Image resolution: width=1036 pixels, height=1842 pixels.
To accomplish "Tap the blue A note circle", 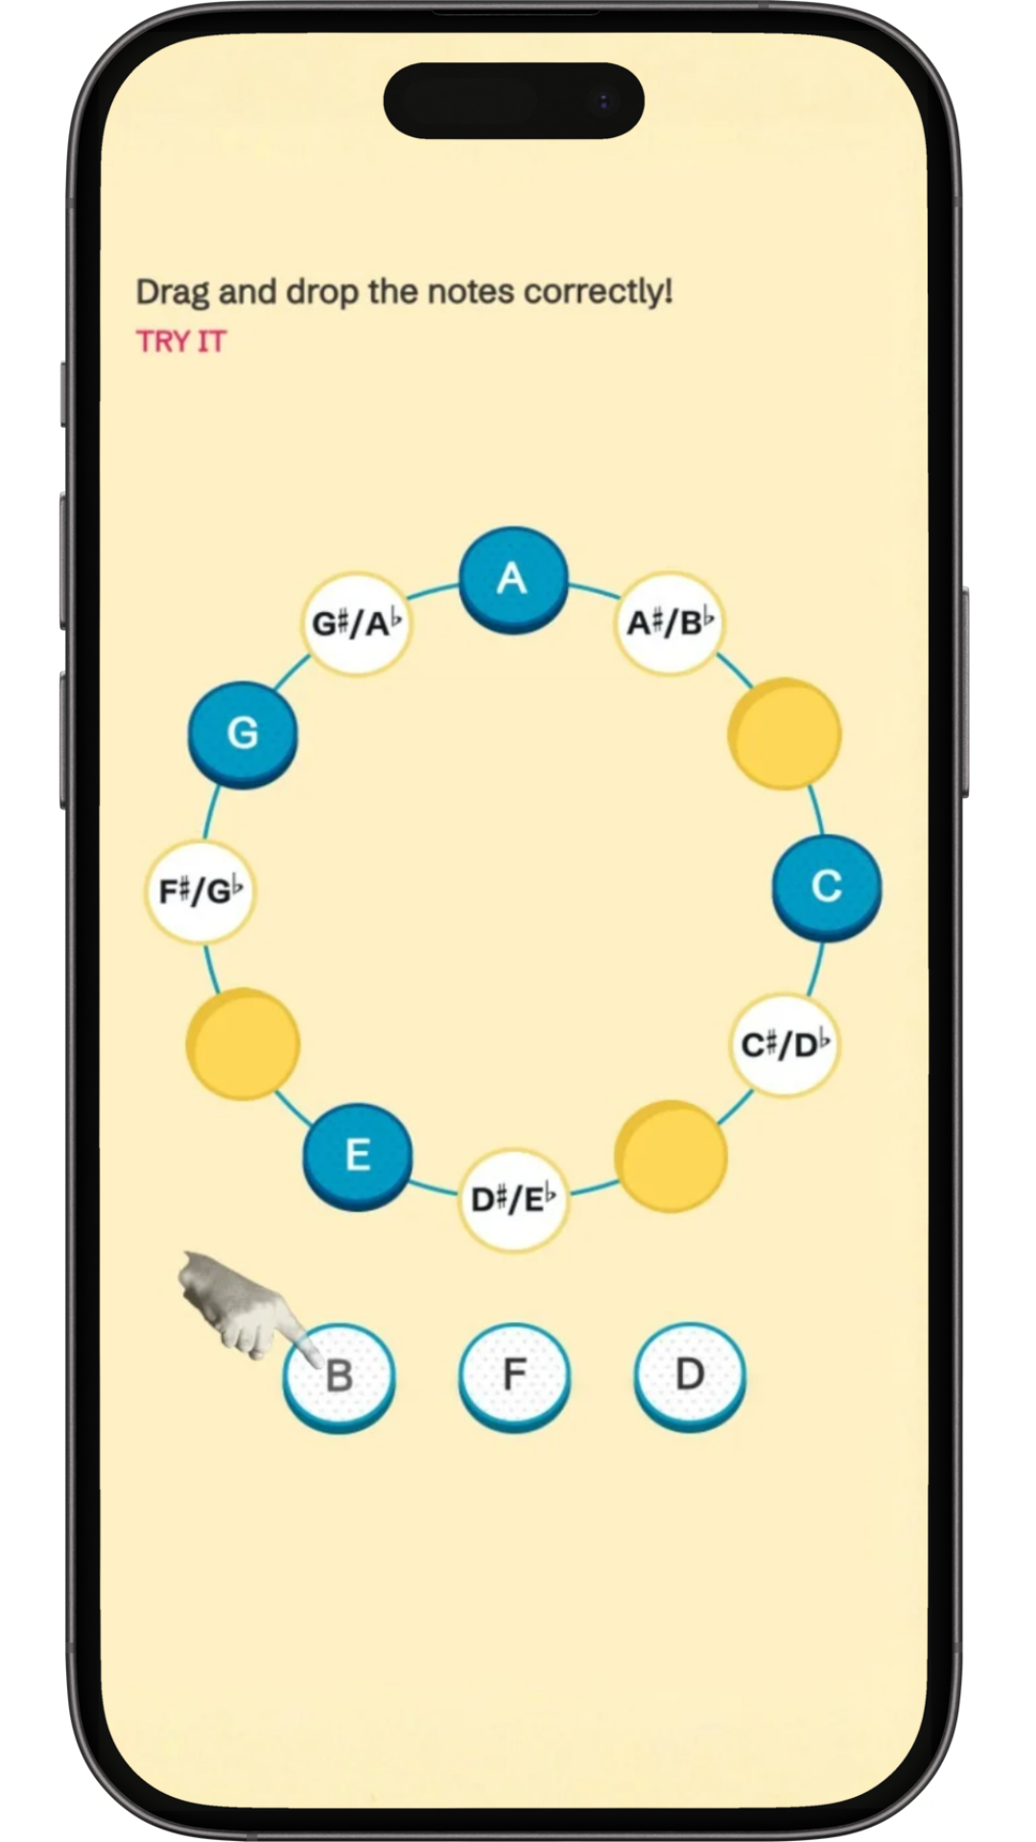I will [513, 579].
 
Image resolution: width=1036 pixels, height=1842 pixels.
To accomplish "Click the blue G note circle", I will [243, 734].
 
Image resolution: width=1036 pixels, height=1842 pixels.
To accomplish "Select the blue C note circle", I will [826, 887].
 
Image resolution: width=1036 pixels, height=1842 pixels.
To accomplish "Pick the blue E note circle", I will [358, 1154].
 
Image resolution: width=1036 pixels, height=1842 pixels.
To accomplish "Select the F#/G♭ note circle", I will [200, 891].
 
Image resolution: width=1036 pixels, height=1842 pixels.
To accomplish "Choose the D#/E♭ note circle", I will [514, 1199].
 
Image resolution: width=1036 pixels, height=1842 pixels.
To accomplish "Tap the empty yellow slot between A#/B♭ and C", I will [785, 734].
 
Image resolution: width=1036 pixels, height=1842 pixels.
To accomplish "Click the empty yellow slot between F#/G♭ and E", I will [243, 1044].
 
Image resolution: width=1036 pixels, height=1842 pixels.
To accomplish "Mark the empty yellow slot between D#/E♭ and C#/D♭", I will [670, 1156].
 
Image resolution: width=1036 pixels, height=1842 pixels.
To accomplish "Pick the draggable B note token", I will [340, 1376].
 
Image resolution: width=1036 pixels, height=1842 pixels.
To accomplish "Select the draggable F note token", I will [514, 1374].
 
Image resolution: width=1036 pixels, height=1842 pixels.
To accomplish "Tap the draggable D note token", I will [690, 1374].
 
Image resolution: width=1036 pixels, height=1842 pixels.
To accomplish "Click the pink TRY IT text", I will [181, 342].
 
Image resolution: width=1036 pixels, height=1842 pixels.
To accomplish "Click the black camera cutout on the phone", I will [514, 101].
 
